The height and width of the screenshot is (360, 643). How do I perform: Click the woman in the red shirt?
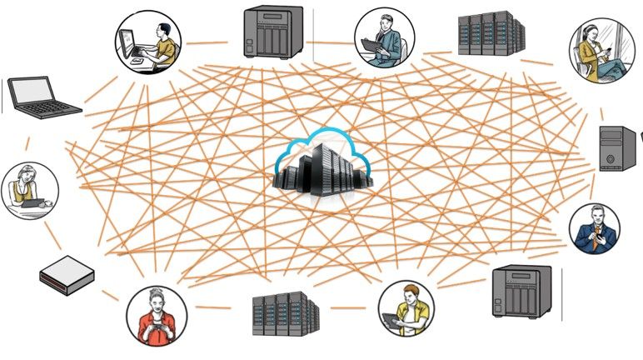point(156,316)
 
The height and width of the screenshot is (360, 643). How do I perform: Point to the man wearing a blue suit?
point(595,229)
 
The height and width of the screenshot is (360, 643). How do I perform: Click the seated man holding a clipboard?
point(383,38)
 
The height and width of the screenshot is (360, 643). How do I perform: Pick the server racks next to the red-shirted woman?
point(286,314)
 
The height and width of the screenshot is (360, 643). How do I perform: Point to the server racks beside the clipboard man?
point(491,34)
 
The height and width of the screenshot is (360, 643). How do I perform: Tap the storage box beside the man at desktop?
point(272,32)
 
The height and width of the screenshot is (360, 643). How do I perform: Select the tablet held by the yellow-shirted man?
point(392,318)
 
